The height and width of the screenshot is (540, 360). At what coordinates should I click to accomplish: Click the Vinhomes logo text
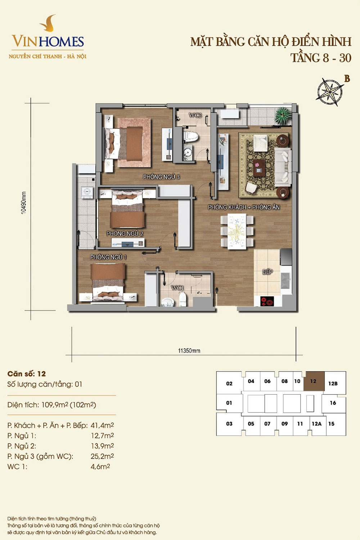tap(48, 41)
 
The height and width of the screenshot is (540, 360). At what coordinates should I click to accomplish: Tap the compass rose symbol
tap(330, 92)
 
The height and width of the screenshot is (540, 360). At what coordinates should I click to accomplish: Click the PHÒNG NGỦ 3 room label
tap(161, 177)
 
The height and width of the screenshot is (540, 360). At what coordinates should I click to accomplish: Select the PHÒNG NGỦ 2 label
tap(125, 233)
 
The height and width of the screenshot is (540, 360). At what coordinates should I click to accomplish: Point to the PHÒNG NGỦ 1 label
tap(108, 257)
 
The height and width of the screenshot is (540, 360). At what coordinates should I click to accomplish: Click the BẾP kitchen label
tap(267, 272)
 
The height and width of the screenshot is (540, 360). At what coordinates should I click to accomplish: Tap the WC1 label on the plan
tap(177, 288)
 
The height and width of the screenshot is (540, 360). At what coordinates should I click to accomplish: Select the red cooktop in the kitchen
tap(267, 301)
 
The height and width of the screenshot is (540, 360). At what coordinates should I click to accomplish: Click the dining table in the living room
tap(237, 231)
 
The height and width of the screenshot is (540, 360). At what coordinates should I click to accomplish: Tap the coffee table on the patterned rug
tap(259, 167)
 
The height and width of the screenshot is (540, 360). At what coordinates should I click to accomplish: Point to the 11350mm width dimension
tap(189, 351)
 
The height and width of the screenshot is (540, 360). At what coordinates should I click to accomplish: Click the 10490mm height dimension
tap(23, 203)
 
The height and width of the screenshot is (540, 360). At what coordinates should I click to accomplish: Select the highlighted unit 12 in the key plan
tap(314, 381)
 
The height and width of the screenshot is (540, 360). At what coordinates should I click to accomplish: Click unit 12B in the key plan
tap(333, 383)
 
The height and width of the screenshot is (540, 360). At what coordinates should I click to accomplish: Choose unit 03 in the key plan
tap(229, 424)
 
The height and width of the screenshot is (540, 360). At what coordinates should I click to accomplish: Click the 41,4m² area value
tap(102, 426)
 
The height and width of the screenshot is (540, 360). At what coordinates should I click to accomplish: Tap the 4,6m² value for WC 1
tap(100, 467)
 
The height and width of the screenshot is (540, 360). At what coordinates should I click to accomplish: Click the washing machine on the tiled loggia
tap(87, 192)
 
